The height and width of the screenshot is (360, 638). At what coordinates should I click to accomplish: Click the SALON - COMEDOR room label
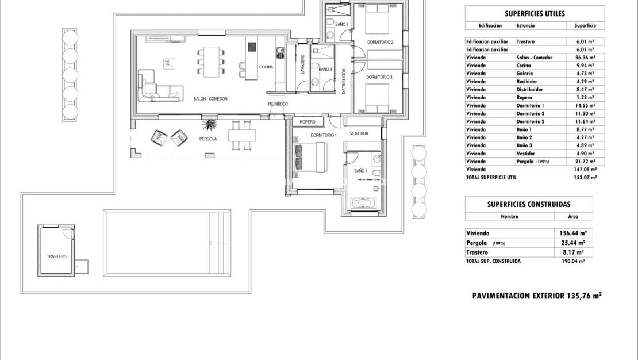[x=210, y=99]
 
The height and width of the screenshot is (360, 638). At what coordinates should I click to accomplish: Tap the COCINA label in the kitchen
[x=266, y=67]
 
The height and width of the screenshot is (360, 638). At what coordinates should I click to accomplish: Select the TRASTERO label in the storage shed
[x=57, y=256]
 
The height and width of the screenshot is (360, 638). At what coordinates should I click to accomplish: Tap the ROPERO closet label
[x=308, y=122]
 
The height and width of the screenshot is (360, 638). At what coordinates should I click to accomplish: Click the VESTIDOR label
[x=359, y=133]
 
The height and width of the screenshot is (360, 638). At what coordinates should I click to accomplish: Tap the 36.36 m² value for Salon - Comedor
[x=585, y=58]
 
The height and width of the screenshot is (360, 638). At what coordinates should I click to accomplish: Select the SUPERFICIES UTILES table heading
[x=535, y=14]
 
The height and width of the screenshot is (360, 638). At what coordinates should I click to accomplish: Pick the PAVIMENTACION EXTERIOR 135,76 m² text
[x=536, y=296]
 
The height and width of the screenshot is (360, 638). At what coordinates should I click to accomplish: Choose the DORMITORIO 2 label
[x=379, y=42]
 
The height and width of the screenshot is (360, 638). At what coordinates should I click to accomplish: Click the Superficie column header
[x=585, y=26]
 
